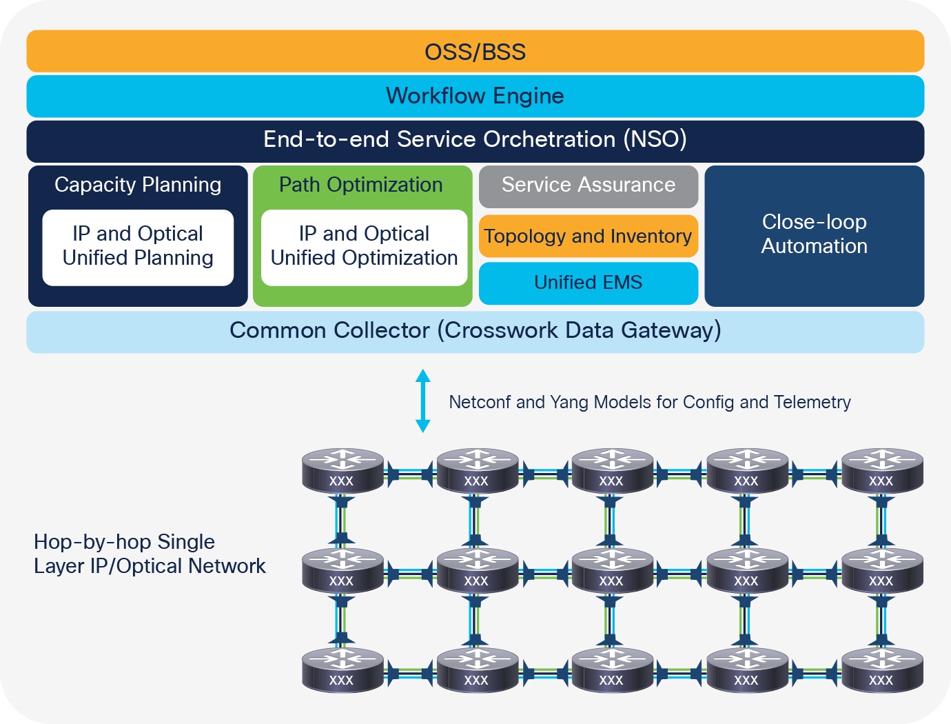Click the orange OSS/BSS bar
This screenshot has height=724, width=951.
[x=475, y=52]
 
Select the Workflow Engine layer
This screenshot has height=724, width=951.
[x=475, y=96]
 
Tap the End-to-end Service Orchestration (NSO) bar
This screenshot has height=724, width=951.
[x=475, y=140]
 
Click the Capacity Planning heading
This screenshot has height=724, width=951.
[x=138, y=185]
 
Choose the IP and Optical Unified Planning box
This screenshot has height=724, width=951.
[x=138, y=247]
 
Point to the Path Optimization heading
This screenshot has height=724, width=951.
[x=360, y=185]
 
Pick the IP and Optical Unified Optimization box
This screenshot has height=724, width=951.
[x=364, y=247]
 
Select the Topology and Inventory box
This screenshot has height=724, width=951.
[x=589, y=237]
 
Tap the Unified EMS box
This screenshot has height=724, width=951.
[x=589, y=283]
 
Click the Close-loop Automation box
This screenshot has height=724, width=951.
[x=814, y=235]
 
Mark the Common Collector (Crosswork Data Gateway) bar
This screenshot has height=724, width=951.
[x=475, y=331]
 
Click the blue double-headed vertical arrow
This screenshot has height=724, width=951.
[x=423, y=401]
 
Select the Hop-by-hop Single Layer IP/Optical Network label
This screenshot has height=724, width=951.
[x=150, y=554]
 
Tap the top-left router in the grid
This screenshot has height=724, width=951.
[x=342, y=470]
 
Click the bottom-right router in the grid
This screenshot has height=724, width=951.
[x=882, y=670]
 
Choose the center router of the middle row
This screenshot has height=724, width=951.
[x=612, y=570]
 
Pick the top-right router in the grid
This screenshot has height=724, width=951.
[x=882, y=470]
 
